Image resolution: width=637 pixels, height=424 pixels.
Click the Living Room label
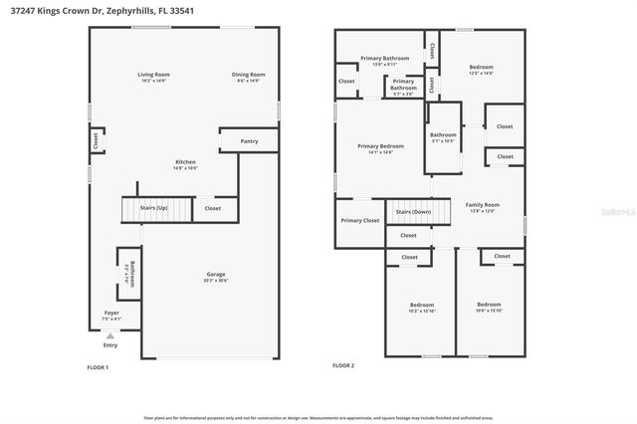tap(153, 75)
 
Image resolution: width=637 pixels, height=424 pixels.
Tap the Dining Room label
tap(248, 75)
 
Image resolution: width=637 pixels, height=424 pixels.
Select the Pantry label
tap(249, 141)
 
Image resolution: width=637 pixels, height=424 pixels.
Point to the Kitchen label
tap(185, 162)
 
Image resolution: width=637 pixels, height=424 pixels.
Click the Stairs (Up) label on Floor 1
tap(153, 208)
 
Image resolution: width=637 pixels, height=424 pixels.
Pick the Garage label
tap(216, 275)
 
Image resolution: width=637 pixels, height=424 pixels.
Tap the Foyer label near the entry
tap(111, 314)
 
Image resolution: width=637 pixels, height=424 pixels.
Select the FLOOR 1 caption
tap(98, 367)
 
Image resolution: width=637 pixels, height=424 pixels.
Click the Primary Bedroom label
tap(380, 147)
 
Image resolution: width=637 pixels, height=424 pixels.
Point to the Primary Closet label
tap(359, 220)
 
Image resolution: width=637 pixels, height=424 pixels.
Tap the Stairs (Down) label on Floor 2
tap(412, 212)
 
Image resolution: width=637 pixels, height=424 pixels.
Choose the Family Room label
tap(482, 205)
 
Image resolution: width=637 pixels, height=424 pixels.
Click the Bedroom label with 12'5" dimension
tap(481, 68)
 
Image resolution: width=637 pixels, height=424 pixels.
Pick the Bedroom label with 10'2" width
tap(421, 305)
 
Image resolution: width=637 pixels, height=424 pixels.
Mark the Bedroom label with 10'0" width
tap(488, 305)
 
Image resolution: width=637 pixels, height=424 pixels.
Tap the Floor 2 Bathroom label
tap(443, 135)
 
